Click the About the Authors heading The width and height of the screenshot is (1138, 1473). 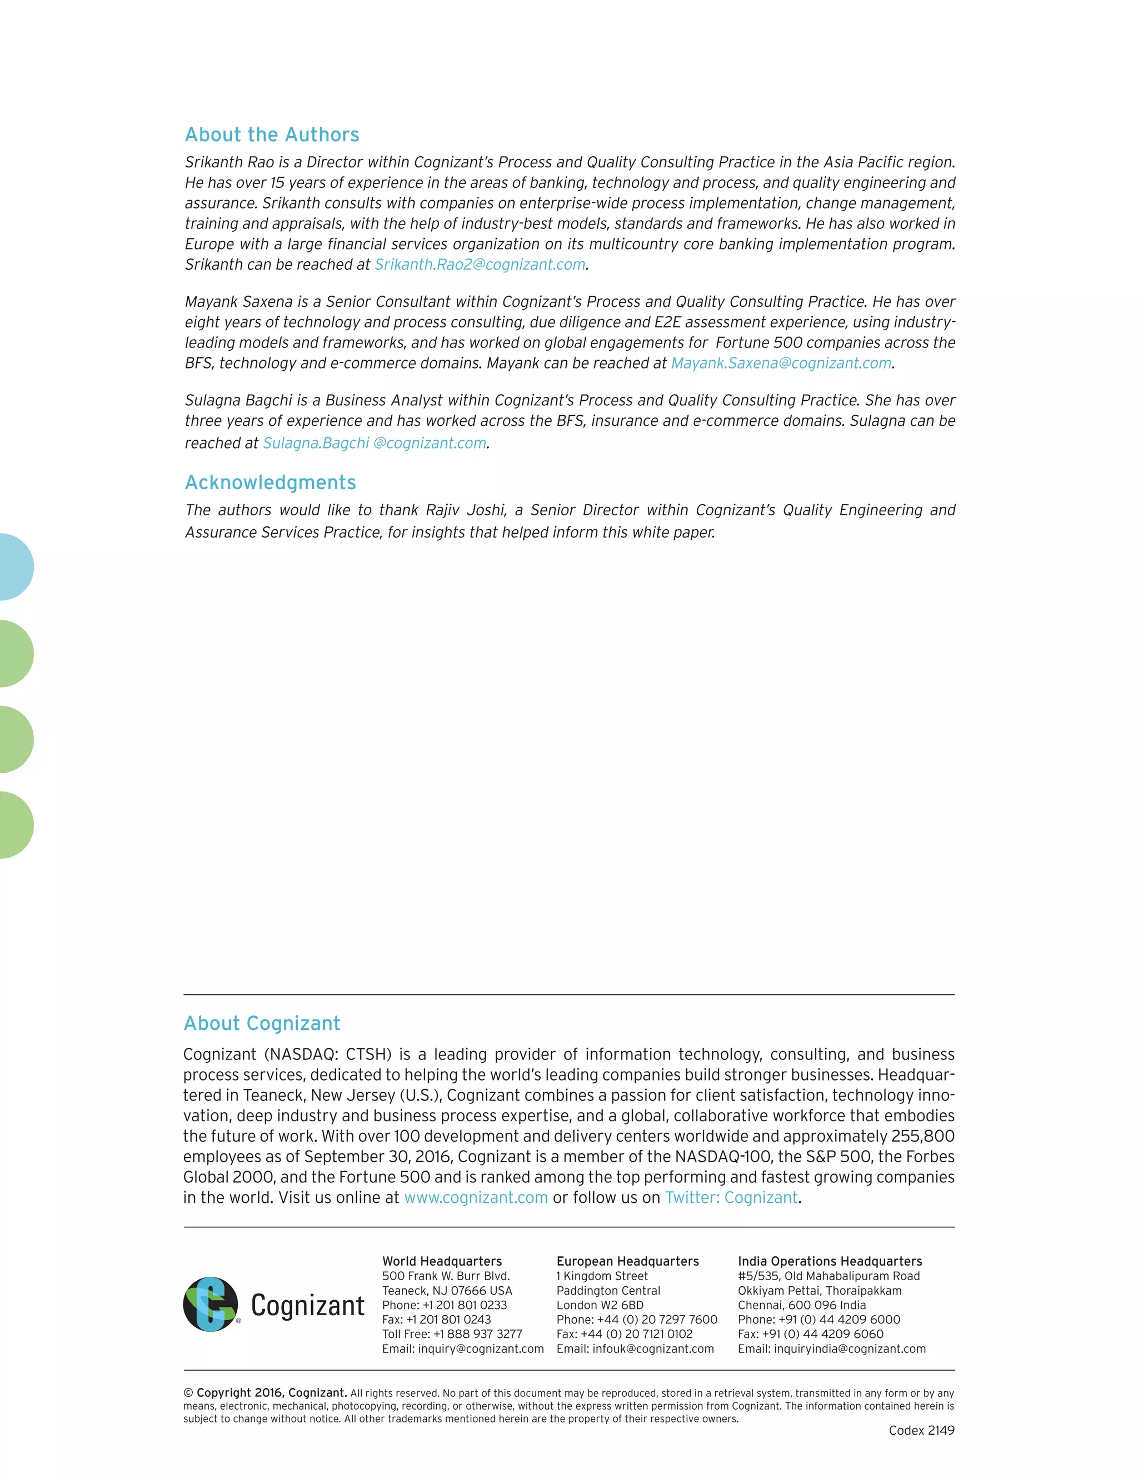pos(272,135)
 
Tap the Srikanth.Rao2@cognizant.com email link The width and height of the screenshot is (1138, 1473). pos(480,265)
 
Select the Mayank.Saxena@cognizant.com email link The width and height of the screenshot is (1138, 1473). pos(781,363)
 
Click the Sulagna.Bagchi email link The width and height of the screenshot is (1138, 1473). pos(374,443)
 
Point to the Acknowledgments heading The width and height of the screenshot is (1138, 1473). pos(271,482)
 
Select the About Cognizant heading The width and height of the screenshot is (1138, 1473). pos(262,1023)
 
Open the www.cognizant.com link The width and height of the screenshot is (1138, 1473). pos(476,1197)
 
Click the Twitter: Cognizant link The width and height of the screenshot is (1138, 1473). pos(731,1197)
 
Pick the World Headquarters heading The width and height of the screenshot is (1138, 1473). pos(442,1261)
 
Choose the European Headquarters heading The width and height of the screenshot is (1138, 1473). pos(627,1261)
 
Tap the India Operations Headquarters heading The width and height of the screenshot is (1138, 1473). pos(829,1261)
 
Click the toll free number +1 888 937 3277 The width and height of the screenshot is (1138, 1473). pos(477,1333)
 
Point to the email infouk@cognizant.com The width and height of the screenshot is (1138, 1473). pos(652,1348)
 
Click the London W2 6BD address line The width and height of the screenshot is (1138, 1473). pos(600,1305)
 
